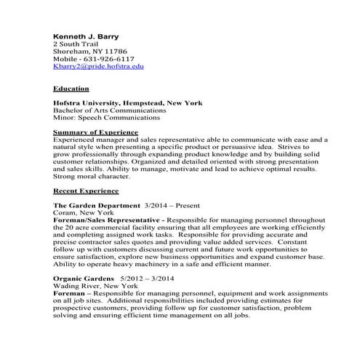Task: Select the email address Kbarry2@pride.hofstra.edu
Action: (99, 66)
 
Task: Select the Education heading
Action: (71, 89)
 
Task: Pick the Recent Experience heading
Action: (86, 191)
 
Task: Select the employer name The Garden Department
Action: (97, 206)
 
